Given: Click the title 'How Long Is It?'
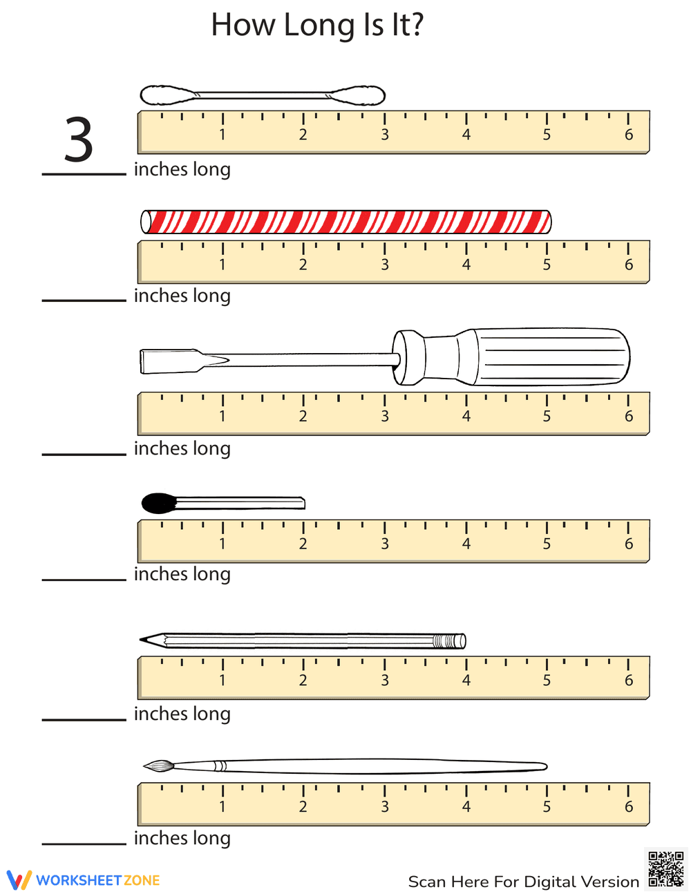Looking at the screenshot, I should [317, 26].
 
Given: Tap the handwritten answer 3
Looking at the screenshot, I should [79, 140].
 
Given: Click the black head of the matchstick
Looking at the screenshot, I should [158, 503].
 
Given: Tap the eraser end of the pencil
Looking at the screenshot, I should [460, 641].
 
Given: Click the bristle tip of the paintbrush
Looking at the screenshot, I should [156, 765].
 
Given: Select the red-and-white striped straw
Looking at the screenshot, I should [345, 222].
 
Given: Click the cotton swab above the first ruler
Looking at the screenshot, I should [263, 95].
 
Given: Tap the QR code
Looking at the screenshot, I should [666, 869].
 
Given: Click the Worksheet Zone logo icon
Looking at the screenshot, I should [19, 880].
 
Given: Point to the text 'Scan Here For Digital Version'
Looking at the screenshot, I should [523, 882].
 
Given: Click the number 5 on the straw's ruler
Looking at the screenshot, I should [547, 265].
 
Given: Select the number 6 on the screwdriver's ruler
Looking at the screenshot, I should [628, 416].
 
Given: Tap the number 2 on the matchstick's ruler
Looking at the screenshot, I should [303, 544].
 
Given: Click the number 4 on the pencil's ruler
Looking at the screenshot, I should [466, 680].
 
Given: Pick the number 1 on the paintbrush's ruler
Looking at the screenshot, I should [223, 806].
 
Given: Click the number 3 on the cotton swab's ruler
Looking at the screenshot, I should [385, 135].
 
